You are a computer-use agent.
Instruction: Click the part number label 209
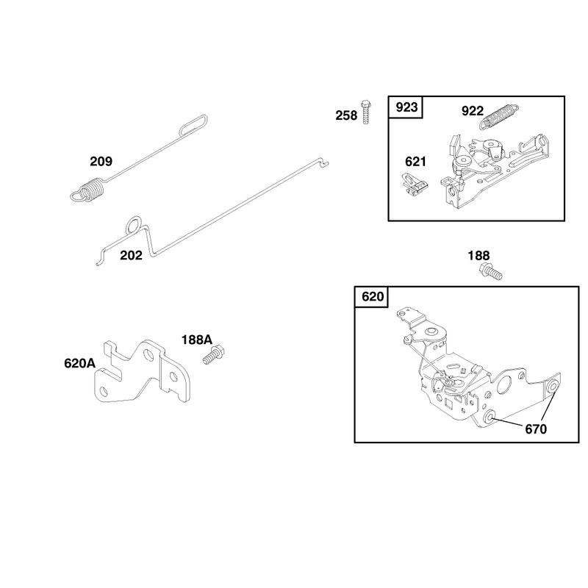pyautogui.click(x=101, y=161)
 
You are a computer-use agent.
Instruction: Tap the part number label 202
pyautogui.click(x=132, y=255)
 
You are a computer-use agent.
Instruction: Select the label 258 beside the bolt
pyautogui.click(x=346, y=115)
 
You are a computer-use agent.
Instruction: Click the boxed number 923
pyautogui.click(x=406, y=107)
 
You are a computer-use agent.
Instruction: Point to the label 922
pyautogui.click(x=473, y=111)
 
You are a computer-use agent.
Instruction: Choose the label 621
pyautogui.click(x=415, y=162)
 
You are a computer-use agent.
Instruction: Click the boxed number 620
pyautogui.click(x=373, y=297)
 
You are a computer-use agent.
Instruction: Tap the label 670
pyautogui.click(x=536, y=429)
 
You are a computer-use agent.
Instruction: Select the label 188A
pyautogui.click(x=197, y=340)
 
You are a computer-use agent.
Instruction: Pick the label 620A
pyautogui.click(x=80, y=363)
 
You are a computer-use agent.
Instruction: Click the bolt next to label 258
pyautogui.click(x=366, y=112)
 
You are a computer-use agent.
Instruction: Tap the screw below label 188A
pyautogui.click(x=213, y=355)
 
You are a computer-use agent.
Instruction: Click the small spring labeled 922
pyautogui.click(x=499, y=116)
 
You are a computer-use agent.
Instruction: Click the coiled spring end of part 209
pyautogui.click(x=90, y=190)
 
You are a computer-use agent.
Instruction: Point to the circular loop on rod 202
pyautogui.click(x=134, y=225)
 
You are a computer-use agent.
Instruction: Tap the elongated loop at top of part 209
pyautogui.click(x=193, y=125)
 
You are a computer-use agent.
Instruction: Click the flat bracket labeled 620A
pyautogui.click(x=142, y=371)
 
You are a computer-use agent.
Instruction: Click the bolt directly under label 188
pyautogui.click(x=490, y=271)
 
